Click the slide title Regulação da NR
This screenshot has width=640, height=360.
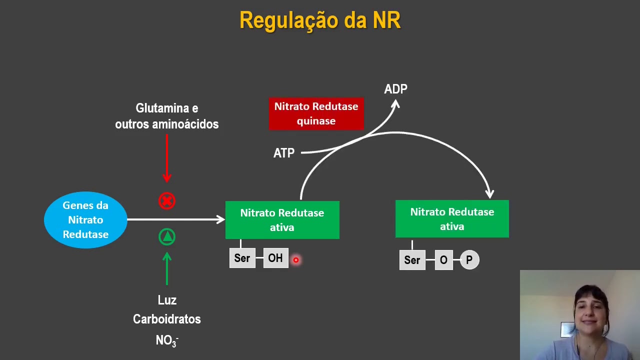tap(320, 21)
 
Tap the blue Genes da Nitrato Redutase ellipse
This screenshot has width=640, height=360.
tap(85, 220)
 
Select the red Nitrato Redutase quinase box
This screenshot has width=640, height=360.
tap(316, 114)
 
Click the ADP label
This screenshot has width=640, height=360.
tap(395, 89)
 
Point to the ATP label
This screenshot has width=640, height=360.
tap(284, 153)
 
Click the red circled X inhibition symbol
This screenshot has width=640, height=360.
tap(167, 201)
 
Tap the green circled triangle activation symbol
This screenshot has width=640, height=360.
tap(167, 236)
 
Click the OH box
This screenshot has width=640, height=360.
tap(275, 258)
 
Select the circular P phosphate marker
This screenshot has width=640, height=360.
tap(469, 260)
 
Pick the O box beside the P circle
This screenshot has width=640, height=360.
tap(443, 260)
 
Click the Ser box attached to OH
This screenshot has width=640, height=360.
tap(242, 258)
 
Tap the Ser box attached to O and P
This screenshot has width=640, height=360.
tap(412, 260)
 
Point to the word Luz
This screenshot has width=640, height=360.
tap(167, 300)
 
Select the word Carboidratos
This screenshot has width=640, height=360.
tap(167, 319)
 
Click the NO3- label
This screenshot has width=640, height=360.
tap(167, 340)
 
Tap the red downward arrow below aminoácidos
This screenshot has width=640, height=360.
tap(167, 158)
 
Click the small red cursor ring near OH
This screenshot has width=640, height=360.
tap(296, 260)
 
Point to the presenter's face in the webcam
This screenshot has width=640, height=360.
tap(590, 312)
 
